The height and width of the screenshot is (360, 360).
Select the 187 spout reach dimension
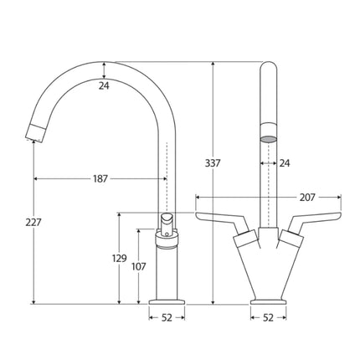[x=100, y=178]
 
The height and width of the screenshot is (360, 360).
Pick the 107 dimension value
[x=139, y=267]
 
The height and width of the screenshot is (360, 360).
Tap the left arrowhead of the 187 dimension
[x=36, y=178]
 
